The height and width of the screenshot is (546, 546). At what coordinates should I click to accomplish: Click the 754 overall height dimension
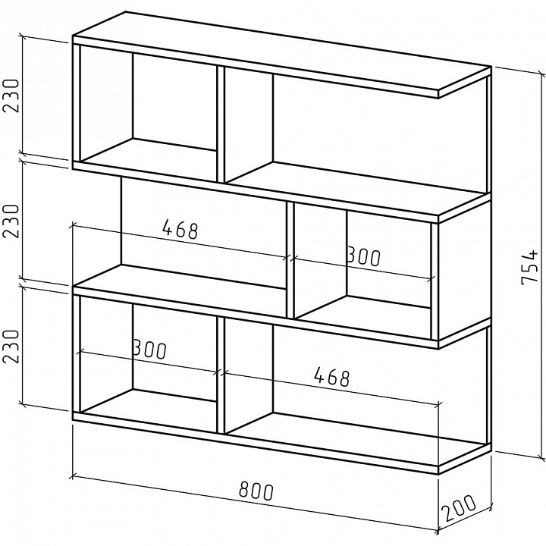click(530, 267)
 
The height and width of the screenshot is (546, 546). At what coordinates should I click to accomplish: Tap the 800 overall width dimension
click(256, 491)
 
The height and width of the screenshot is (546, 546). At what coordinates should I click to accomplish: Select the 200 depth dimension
click(458, 508)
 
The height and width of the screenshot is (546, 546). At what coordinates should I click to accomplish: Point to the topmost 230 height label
click(11, 96)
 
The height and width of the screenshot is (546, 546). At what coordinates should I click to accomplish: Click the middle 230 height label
click(11, 221)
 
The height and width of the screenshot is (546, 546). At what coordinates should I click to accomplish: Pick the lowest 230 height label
click(11, 346)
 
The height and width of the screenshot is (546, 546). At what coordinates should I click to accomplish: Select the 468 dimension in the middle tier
click(180, 229)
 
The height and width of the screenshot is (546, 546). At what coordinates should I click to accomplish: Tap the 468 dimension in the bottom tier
click(331, 378)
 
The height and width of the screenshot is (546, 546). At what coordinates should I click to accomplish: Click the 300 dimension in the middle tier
click(364, 256)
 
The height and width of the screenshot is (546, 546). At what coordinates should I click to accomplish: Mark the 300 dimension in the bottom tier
click(150, 350)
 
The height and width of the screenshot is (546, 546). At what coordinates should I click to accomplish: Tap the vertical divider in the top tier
click(221, 124)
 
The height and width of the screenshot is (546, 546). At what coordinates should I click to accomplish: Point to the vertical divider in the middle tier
click(290, 260)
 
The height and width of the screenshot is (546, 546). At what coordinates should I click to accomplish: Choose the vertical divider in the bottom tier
click(221, 375)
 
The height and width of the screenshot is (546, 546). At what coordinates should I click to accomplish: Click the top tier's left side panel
click(77, 102)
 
